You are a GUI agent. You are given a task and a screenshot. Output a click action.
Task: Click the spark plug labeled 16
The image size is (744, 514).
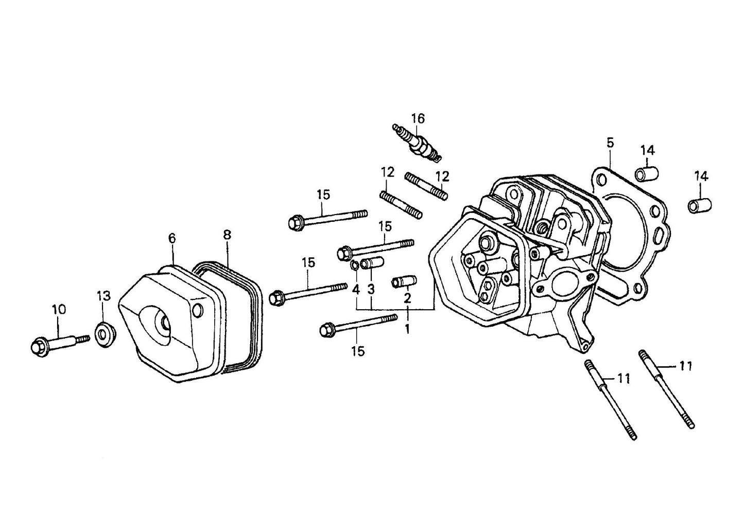(418, 143)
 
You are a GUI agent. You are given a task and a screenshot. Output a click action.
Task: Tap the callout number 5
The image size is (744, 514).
(610, 143)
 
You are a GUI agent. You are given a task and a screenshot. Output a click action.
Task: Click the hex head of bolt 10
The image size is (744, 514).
(39, 346)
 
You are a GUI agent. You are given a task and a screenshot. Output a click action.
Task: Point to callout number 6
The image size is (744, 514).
(172, 238)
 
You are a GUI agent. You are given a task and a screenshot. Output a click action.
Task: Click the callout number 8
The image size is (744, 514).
(227, 235)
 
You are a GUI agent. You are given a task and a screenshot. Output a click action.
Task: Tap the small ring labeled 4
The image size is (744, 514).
(355, 265)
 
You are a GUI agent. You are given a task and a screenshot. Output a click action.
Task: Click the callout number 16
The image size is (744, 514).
(418, 119)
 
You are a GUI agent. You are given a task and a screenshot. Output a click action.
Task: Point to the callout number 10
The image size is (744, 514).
(59, 310)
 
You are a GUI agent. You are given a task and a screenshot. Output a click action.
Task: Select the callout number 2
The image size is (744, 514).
(407, 298)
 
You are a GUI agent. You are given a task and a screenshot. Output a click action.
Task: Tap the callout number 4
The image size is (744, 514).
(356, 289)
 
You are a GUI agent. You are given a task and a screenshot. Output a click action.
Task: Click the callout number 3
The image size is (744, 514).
(370, 289)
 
